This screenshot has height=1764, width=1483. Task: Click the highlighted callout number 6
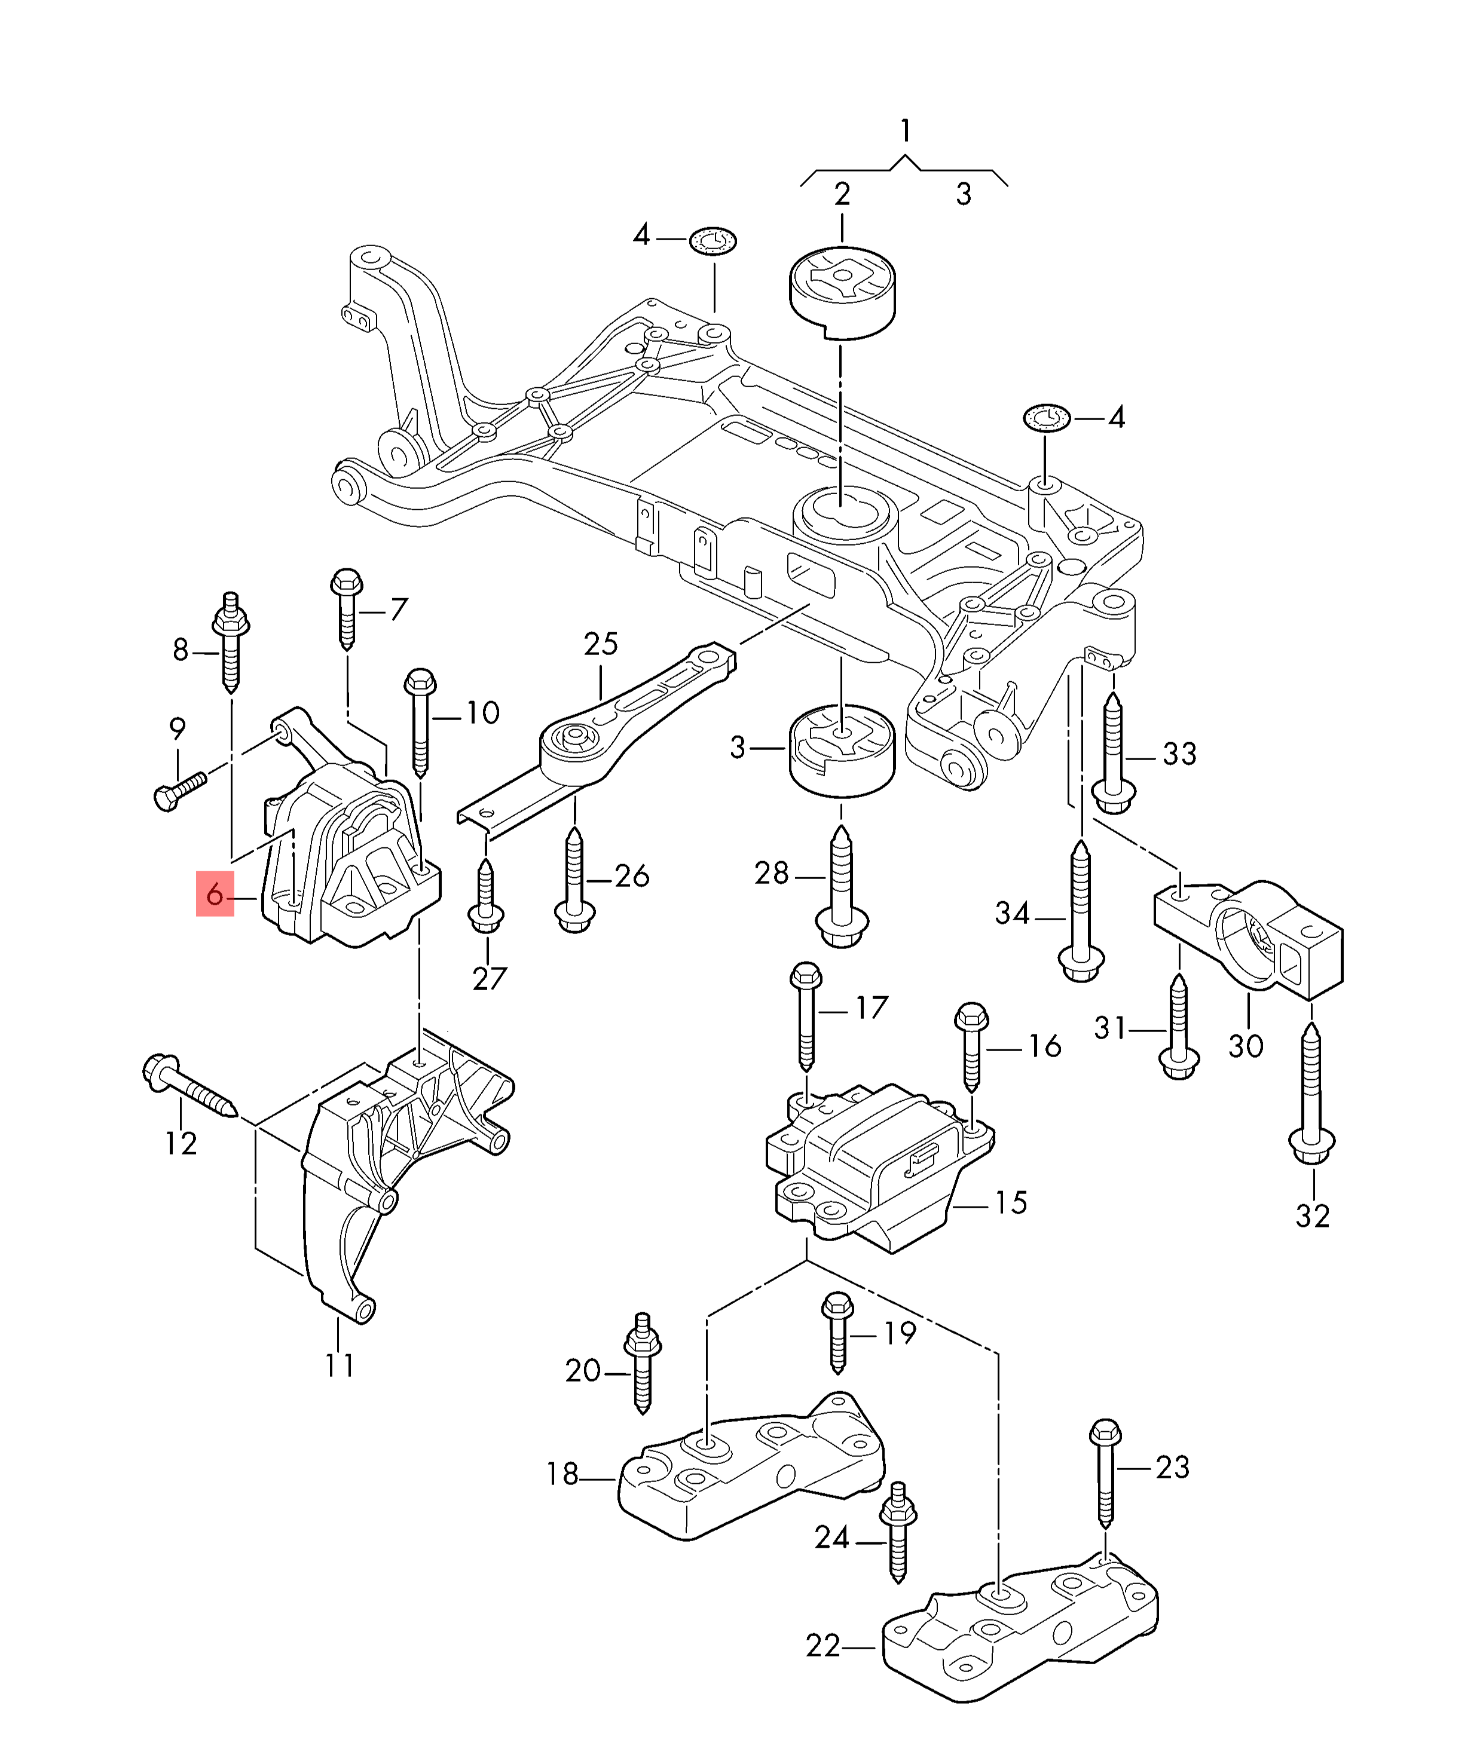coord(215,893)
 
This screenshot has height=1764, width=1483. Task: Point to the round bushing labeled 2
coord(842,292)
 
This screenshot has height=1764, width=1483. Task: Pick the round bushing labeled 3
coord(840,751)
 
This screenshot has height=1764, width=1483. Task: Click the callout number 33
coord(1179,754)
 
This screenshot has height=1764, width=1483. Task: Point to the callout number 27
coord(490,978)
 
